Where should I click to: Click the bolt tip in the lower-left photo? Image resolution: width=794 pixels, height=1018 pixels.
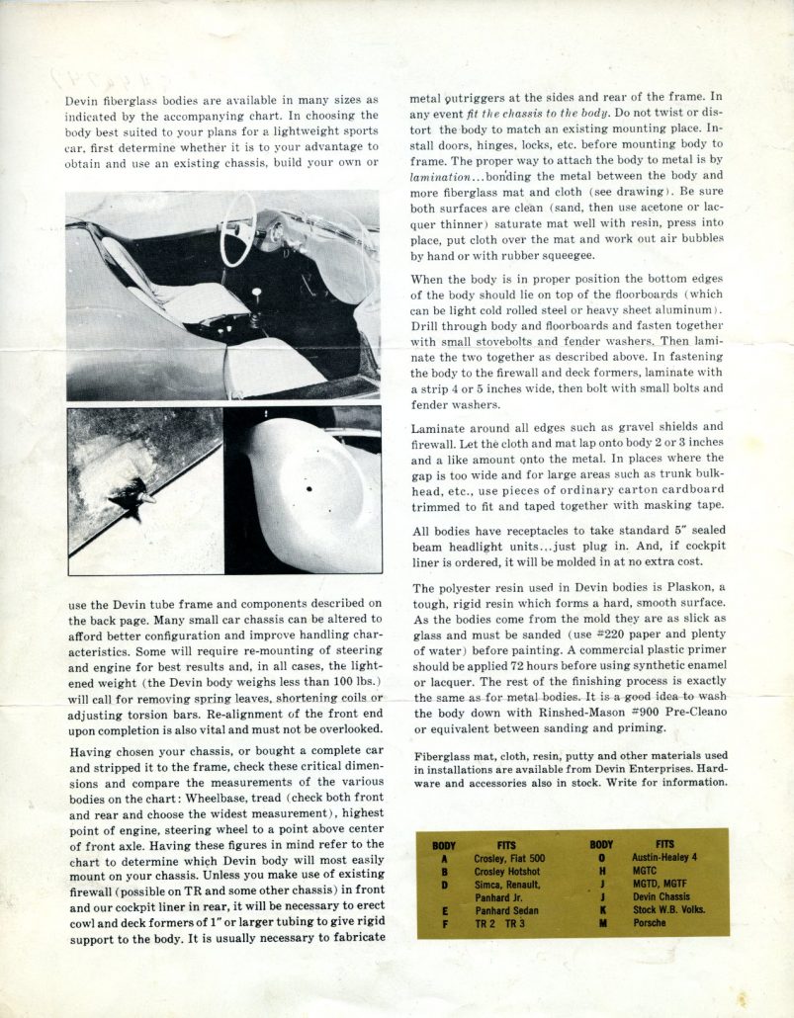150,500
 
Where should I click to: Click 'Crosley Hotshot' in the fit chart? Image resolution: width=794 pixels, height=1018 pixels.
507,872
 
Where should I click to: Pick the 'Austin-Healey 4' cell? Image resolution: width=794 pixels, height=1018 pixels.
665,858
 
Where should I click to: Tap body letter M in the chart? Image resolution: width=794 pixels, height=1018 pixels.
601,923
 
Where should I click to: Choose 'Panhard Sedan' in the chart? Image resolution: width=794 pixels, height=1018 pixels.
506,910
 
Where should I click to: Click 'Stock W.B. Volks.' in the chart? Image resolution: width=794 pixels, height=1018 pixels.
667,910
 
